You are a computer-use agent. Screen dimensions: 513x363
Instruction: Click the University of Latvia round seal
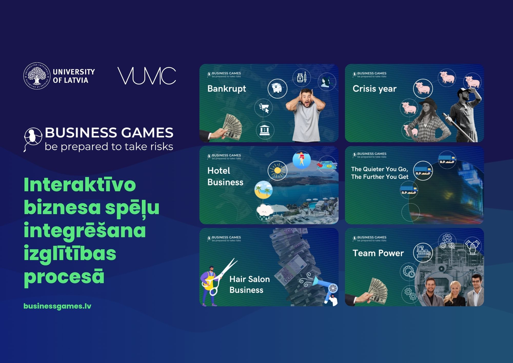(x=37, y=76)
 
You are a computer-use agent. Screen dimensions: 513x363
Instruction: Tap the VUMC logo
(x=147, y=76)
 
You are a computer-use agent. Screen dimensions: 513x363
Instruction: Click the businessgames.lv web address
(x=57, y=306)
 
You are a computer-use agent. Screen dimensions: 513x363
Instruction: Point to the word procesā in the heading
(x=64, y=277)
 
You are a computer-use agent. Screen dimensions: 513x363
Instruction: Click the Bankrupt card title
(x=226, y=89)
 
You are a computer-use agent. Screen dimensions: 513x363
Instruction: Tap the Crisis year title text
(x=374, y=89)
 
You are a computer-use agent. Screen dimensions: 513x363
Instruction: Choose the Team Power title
(x=378, y=253)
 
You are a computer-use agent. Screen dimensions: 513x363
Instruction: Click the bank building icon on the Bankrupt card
(x=265, y=130)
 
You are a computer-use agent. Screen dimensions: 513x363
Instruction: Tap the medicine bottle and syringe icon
(x=302, y=77)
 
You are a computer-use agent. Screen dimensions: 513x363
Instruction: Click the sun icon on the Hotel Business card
(x=277, y=170)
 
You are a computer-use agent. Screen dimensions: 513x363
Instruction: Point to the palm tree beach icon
(x=263, y=190)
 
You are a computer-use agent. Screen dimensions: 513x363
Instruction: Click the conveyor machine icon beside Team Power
(x=423, y=252)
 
